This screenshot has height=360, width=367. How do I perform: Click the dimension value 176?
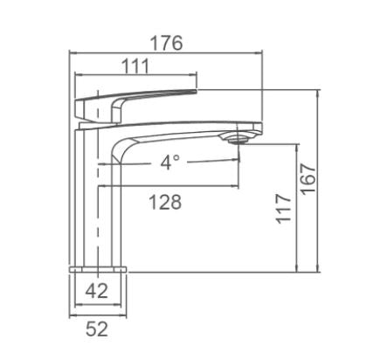pyautogui.click(x=165, y=43)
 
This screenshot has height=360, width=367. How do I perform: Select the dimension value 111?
pyautogui.click(x=133, y=66)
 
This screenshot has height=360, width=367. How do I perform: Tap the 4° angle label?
pyautogui.click(x=169, y=163)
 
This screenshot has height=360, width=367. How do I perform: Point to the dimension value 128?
pyautogui.click(x=164, y=202)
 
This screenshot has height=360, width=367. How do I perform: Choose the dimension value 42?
pyautogui.click(x=98, y=291)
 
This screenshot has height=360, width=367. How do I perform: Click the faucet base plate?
pyautogui.click(x=98, y=267)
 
